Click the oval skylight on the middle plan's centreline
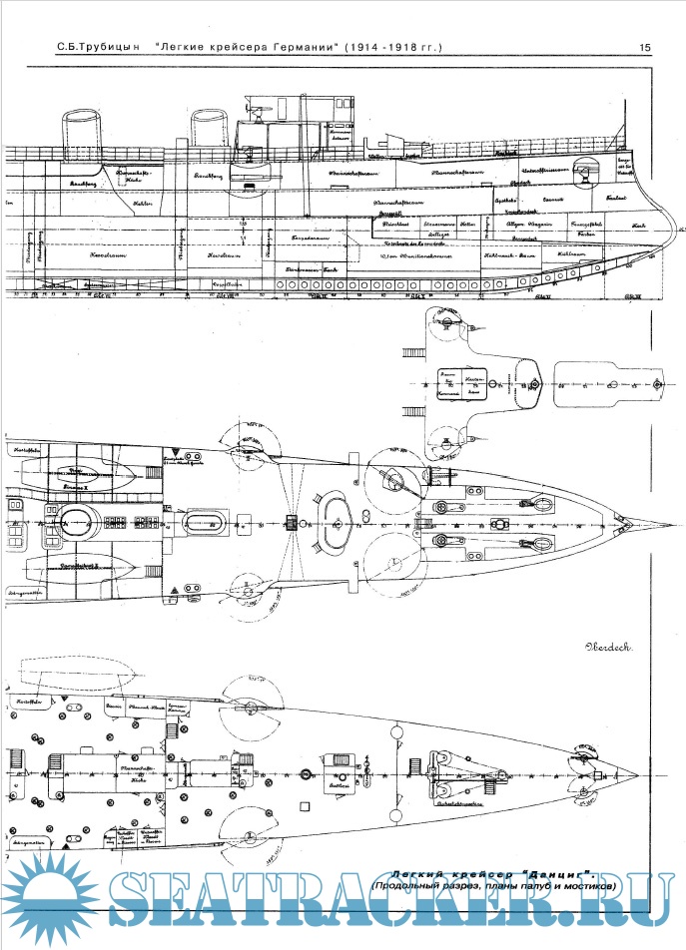click(335, 519)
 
